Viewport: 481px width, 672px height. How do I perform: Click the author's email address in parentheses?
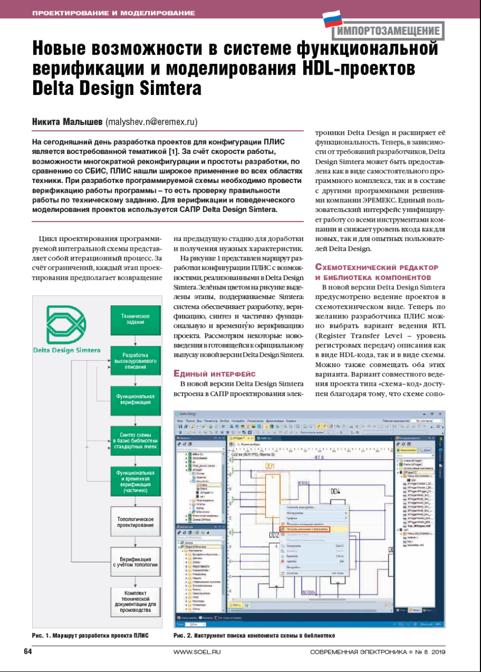point(151,122)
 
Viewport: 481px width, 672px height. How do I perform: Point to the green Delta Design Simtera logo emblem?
point(65,324)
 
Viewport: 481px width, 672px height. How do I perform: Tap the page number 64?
point(28,651)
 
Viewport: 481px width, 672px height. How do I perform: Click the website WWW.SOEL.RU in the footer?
point(196,652)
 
